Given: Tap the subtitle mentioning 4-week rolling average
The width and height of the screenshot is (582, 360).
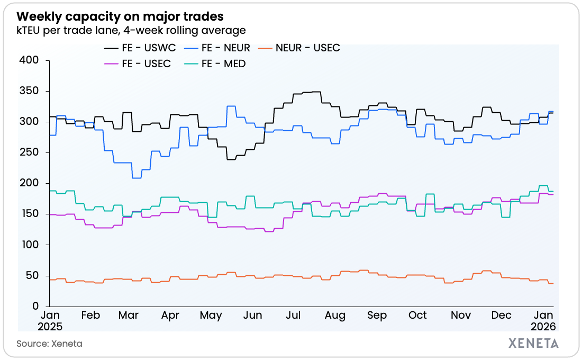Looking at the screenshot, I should (x=131, y=30).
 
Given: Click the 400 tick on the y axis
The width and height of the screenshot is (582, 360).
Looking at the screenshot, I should (x=30, y=60).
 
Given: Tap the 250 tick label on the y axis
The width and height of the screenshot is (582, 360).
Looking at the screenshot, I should (x=30, y=152).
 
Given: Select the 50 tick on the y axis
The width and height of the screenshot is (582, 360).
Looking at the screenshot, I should (x=33, y=275).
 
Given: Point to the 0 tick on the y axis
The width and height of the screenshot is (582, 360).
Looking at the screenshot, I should (x=35, y=306).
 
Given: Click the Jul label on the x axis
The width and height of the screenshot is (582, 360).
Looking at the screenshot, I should (x=294, y=316).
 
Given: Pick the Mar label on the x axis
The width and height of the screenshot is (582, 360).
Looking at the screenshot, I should (x=129, y=316).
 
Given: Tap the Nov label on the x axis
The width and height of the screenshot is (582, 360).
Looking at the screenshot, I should (x=461, y=316).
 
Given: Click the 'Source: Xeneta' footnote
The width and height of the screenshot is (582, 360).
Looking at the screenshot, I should (x=49, y=344).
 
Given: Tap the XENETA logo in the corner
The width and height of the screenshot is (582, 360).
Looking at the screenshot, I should (x=533, y=343).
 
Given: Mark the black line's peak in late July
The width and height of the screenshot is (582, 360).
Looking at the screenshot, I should (x=316, y=92).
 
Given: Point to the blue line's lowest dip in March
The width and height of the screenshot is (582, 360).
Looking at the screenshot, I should (x=136, y=178).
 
